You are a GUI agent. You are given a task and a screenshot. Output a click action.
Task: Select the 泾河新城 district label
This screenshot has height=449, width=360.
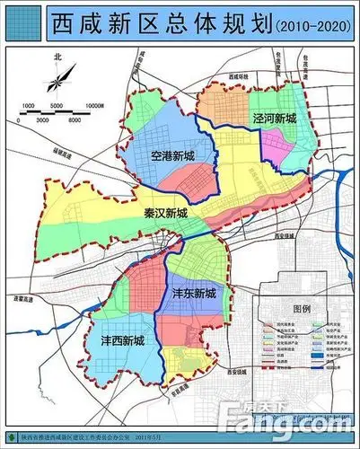click(272, 118)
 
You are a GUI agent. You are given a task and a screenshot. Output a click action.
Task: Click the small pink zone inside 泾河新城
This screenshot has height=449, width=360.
click(289, 136)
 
